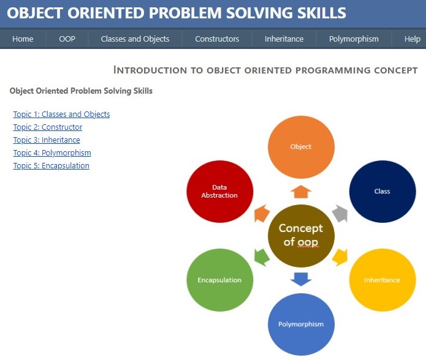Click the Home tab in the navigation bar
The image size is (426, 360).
[23, 39]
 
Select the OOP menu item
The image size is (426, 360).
[67, 39]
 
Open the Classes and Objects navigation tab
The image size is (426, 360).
[135, 39]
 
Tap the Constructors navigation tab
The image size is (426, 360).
[217, 39]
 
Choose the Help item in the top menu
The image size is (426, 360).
[412, 39]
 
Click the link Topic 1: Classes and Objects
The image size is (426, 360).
[62, 114]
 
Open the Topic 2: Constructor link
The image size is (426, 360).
[48, 127]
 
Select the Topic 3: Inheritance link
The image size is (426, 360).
[47, 140]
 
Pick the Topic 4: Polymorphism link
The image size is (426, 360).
[52, 152]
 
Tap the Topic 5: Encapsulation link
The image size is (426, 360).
[51, 166]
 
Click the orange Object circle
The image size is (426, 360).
[301, 147]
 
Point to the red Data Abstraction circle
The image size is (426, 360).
[220, 191]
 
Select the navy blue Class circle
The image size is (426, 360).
[382, 191]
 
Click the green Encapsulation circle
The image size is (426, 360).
[220, 280]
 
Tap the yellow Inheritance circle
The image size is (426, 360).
[382, 280]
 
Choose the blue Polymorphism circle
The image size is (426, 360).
[301, 324]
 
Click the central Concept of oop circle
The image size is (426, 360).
[301, 236]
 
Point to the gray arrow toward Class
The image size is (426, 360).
[340, 214]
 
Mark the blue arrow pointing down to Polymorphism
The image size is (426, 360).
[301, 279]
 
